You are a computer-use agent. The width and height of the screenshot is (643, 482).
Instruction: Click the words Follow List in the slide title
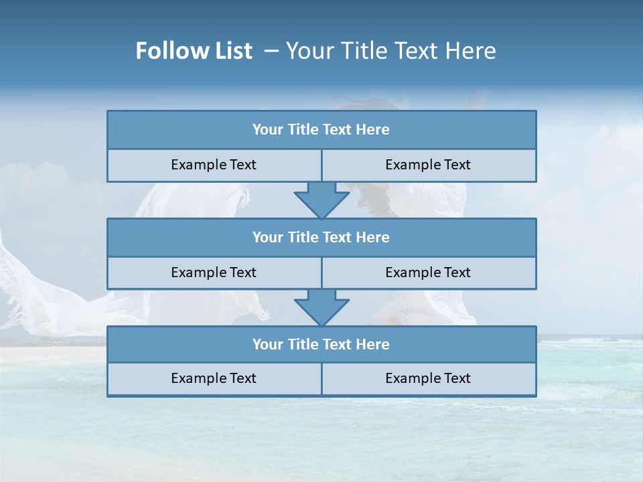pyautogui.click(x=194, y=51)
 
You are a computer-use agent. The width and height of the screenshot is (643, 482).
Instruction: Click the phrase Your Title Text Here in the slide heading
pyautogui.click(x=391, y=51)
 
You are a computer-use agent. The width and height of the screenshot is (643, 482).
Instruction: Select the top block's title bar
pyautogui.click(x=321, y=130)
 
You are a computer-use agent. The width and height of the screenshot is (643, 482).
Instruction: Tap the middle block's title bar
pyautogui.click(x=321, y=237)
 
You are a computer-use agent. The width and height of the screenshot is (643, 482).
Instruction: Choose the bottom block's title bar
pyautogui.click(x=321, y=344)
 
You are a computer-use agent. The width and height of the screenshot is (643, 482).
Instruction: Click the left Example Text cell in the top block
pyautogui.click(x=214, y=165)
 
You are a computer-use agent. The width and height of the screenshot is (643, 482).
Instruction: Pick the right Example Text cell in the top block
pyautogui.click(x=428, y=165)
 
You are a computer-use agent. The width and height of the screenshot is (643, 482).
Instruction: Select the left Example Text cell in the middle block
pyautogui.click(x=214, y=272)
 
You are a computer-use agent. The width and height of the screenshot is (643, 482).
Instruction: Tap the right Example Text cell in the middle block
pyautogui.click(x=428, y=272)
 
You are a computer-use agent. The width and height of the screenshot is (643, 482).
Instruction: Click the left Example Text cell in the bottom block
pyautogui.click(x=214, y=378)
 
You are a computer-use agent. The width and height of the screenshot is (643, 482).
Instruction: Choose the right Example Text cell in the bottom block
pyautogui.click(x=428, y=378)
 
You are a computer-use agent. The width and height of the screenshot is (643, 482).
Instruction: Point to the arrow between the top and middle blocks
pyautogui.click(x=321, y=200)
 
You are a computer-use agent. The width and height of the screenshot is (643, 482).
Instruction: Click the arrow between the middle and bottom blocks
pyautogui.click(x=321, y=307)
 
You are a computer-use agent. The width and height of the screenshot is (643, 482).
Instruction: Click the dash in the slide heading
pyautogui.click(x=271, y=51)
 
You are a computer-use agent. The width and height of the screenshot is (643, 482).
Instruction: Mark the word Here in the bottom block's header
pyautogui.click(x=373, y=344)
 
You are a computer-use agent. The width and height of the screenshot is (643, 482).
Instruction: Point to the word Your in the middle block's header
pyautogui.click(x=267, y=237)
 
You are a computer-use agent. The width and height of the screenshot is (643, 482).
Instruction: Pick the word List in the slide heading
pyautogui.click(x=229, y=51)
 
